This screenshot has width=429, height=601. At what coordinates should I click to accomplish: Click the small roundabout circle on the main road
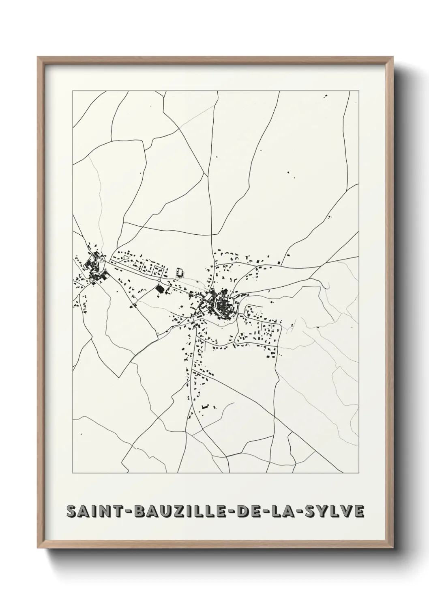(159, 280)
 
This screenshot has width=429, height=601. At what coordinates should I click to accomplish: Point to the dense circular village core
(222, 305)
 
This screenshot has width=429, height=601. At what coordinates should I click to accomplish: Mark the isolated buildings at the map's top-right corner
(326, 96)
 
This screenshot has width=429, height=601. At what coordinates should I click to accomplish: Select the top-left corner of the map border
(73, 91)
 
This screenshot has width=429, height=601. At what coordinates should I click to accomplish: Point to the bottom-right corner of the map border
(359, 473)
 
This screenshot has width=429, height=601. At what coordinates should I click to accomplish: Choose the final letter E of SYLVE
(359, 512)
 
